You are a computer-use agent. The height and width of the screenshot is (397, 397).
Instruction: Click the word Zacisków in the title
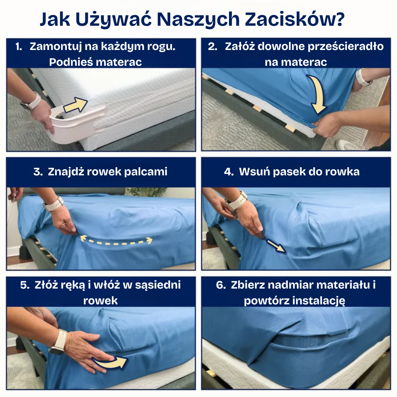click(x=295, y=19)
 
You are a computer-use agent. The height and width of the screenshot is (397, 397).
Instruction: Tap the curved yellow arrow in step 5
click(x=110, y=362)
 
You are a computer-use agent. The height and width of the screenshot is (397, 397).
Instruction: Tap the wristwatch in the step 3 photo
click(x=53, y=204)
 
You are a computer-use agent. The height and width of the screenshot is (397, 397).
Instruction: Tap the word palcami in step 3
click(x=146, y=172)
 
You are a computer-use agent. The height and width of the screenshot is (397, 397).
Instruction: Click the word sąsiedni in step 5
click(x=158, y=285)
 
